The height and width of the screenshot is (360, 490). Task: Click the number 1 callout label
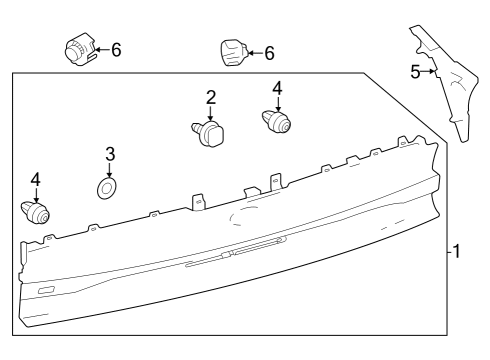coord(456,252)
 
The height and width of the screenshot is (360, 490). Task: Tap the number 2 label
coord(211,97)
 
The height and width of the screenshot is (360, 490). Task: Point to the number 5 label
coord(415,71)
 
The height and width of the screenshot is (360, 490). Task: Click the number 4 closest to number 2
coord(278,88)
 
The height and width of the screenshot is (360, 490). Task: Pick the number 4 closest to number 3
coord(36,179)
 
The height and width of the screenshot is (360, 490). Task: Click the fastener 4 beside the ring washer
coord(36,212)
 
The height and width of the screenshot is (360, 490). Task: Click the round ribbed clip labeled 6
coord(79,50)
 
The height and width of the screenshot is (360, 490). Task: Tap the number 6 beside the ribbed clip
coord(116,49)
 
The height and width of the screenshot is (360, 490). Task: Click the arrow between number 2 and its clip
coord(211,112)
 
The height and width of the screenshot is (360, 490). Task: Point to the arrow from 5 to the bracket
coord(428,71)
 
